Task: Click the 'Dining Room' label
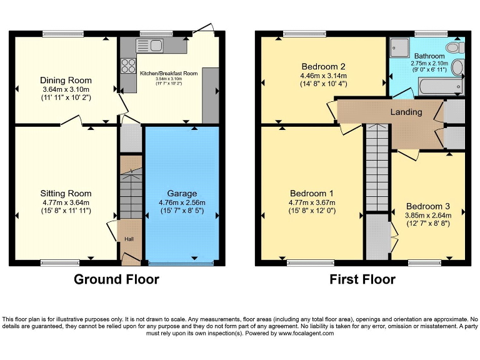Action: tap(66, 80)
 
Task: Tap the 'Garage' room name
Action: tap(182, 193)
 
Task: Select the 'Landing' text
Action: tap(406, 112)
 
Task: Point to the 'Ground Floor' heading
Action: tap(116, 279)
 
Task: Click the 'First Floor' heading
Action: tap(362, 279)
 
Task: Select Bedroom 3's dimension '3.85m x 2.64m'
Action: tap(427, 215)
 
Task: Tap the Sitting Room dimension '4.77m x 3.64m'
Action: tap(66, 202)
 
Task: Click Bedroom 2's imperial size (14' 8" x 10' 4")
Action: tap(323, 84)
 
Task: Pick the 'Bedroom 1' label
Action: tap(311, 193)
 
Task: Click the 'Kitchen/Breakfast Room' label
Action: tap(169, 73)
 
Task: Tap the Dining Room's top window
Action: tap(63, 33)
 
